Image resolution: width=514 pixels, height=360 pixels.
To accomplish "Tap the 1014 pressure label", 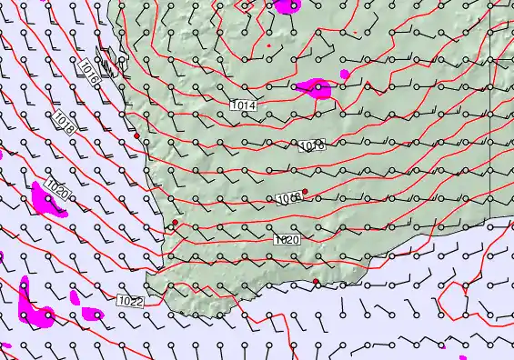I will click(243, 106).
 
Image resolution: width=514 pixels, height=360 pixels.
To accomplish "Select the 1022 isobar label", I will click(131, 300).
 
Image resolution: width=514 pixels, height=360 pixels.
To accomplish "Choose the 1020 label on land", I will click(287, 239).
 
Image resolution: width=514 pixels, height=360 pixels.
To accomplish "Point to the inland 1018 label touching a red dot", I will click(290, 197).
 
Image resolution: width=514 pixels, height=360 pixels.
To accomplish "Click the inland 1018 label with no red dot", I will click(312, 145).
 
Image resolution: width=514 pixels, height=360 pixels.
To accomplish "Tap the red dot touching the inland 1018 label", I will click(305, 192).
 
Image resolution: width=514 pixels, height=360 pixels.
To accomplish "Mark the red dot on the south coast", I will click(316, 282).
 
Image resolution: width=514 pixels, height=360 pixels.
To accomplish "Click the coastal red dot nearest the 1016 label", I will click(136, 135).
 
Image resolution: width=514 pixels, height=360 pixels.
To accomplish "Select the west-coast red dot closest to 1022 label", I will click(175, 222).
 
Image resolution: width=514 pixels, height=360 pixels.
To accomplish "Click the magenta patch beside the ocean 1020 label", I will click(45, 197).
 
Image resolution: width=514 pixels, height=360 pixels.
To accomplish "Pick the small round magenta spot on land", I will click(344, 74).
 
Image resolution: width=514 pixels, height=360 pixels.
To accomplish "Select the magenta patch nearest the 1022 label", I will click(93, 314).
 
